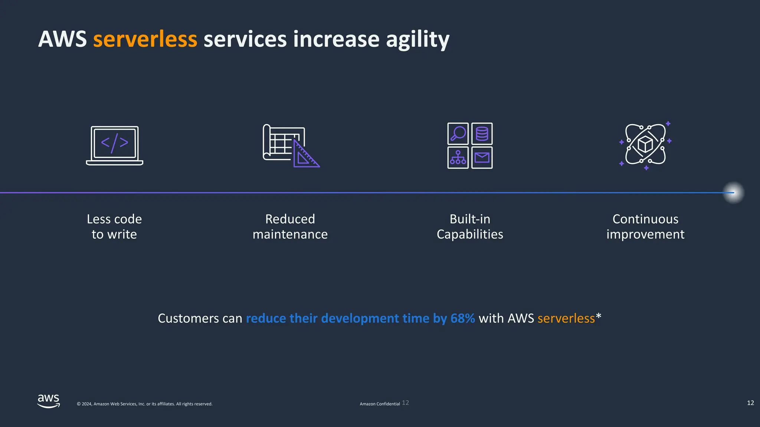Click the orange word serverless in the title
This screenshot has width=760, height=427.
tap(145, 39)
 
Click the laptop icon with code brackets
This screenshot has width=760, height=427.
tap(115, 146)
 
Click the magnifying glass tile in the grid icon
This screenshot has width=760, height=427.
tap(458, 134)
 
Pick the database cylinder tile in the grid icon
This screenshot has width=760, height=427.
tap(482, 134)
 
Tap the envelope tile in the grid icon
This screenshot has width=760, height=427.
tap(482, 158)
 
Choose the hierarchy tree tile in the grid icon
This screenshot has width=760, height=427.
tap(458, 158)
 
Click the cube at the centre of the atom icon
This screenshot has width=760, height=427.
tap(645, 145)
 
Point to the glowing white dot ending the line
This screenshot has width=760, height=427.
tap(733, 193)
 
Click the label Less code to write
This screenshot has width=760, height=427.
tap(114, 226)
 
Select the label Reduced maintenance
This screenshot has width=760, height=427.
tap(290, 226)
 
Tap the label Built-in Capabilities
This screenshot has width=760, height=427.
tap(470, 226)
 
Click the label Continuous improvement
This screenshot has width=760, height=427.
tap(645, 226)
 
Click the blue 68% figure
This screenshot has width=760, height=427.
tap(462, 318)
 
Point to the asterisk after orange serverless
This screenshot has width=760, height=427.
tap(598, 316)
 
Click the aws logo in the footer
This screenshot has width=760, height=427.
tap(49, 401)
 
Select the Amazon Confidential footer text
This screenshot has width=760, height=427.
tap(380, 404)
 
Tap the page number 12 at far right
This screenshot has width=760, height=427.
tap(750, 403)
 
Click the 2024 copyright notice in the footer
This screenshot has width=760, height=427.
tap(144, 404)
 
